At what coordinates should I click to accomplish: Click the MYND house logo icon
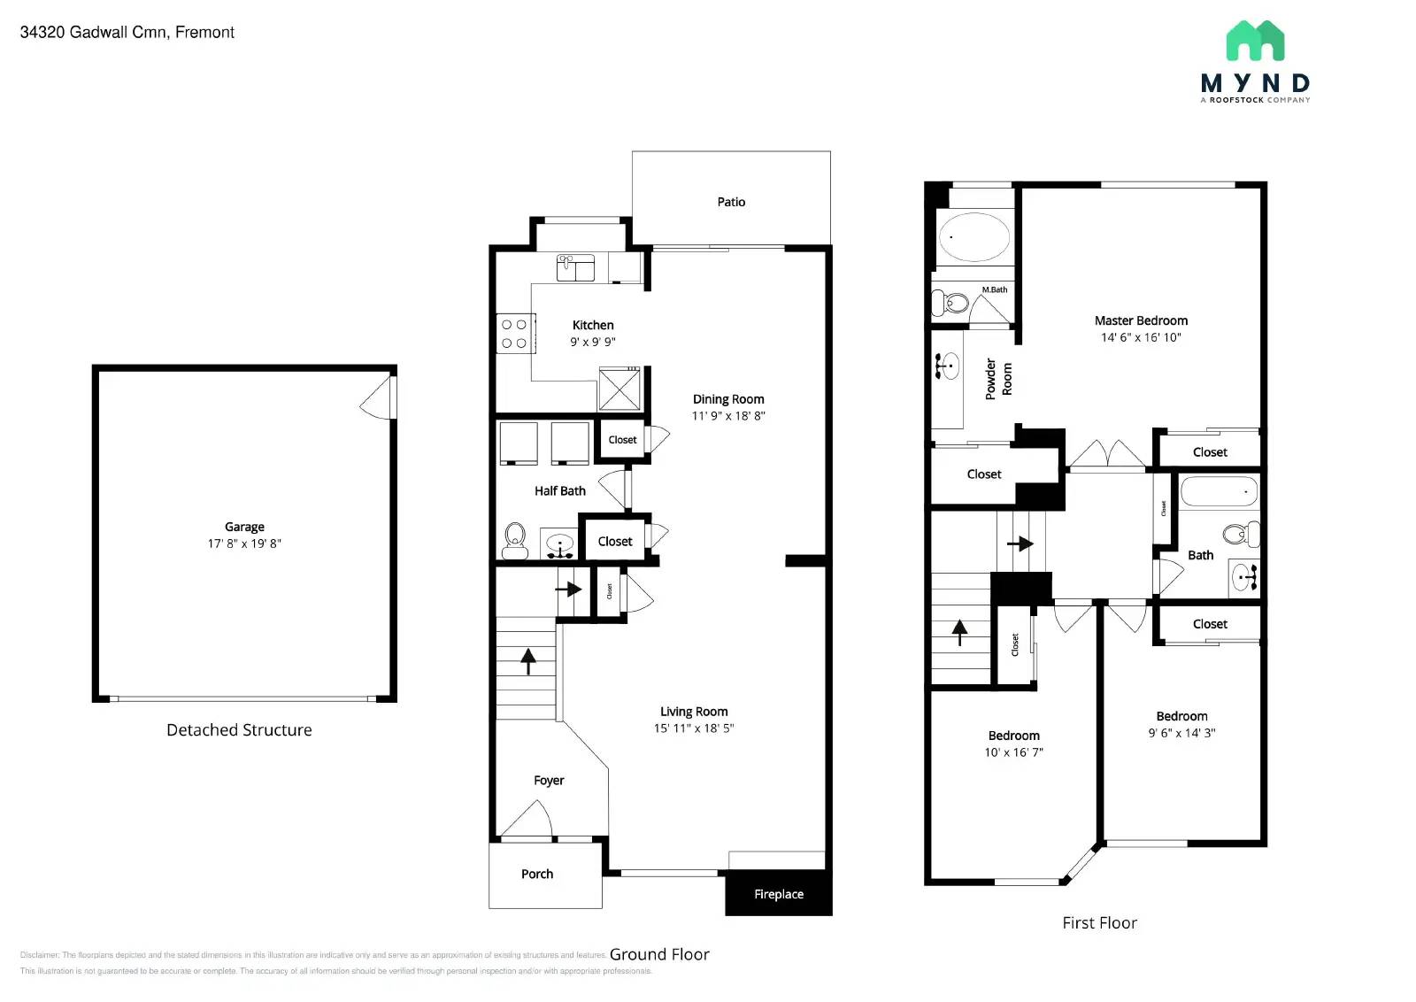click(x=1255, y=42)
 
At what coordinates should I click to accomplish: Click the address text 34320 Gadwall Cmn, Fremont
click(x=127, y=33)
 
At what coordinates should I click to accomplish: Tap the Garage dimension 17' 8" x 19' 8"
click(x=244, y=543)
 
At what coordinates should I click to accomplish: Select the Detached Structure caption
click(x=239, y=730)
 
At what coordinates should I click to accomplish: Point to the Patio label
click(x=731, y=202)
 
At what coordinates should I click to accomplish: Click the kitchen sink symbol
click(x=575, y=267)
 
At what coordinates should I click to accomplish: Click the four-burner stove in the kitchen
click(x=515, y=334)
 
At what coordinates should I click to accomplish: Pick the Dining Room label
click(x=728, y=399)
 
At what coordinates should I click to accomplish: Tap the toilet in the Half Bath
click(x=515, y=539)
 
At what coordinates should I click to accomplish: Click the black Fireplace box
click(x=779, y=893)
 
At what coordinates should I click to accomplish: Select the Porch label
click(x=537, y=874)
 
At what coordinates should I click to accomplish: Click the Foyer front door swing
click(x=529, y=820)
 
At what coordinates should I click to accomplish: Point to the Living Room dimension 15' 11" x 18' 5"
click(x=694, y=728)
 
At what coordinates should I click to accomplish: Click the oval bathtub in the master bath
click(x=973, y=236)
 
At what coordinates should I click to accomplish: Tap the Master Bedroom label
click(x=1141, y=320)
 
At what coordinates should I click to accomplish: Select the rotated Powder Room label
click(x=998, y=379)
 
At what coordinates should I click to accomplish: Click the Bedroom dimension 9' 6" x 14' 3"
click(x=1181, y=733)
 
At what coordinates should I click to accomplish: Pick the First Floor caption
click(x=1099, y=923)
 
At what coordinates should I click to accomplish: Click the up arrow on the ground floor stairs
click(x=528, y=660)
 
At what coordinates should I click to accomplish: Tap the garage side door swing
click(x=379, y=398)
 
